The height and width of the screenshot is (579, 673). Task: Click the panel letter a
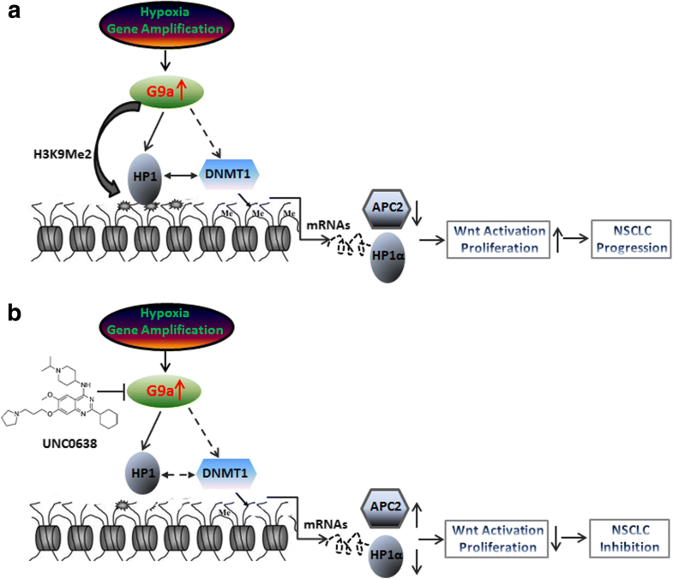14,15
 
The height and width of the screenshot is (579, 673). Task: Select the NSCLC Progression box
622,240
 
